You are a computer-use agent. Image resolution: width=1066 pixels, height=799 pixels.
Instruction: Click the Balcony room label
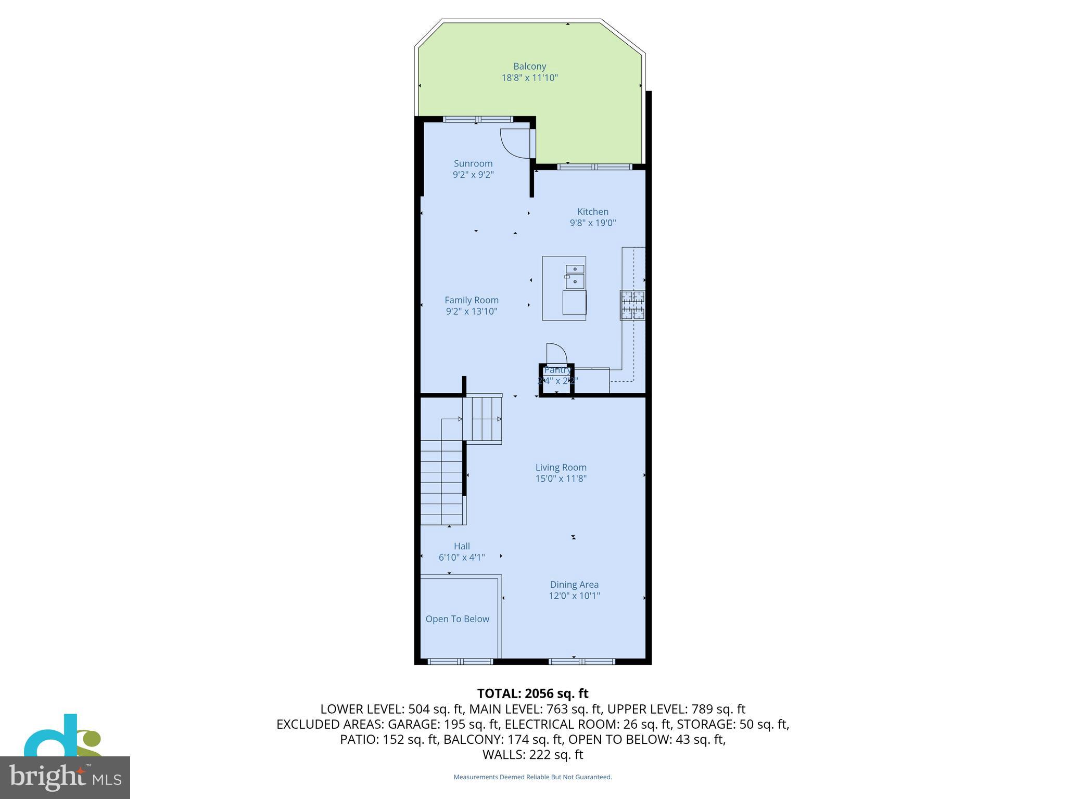point(529,66)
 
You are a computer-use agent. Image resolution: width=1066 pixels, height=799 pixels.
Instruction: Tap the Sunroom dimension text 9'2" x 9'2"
point(473,175)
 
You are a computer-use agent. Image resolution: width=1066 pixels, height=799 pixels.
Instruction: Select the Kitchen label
point(592,212)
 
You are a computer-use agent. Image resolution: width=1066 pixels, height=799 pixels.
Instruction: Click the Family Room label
point(471,300)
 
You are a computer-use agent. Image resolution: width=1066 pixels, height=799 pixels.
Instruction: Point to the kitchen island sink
point(575,276)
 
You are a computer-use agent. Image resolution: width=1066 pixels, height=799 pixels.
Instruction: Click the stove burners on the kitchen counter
point(632,305)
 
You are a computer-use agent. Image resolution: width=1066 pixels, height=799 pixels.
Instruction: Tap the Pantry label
point(557,370)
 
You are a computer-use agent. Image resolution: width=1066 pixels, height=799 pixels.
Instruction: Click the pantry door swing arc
point(556,353)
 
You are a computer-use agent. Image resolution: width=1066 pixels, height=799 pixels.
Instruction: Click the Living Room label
point(561,467)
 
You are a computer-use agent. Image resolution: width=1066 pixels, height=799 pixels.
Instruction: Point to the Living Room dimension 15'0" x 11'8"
point(561,479)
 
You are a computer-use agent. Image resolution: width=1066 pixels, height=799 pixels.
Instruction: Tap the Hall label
point(462,546)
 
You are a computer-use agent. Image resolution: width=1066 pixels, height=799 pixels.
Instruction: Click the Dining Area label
point(574,585)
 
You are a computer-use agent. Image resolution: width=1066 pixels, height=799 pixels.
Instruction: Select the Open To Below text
point(457,619)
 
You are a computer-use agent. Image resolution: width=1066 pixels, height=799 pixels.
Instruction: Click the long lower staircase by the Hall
point(441,482)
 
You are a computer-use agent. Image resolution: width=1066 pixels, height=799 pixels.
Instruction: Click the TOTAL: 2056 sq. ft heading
point(532,693)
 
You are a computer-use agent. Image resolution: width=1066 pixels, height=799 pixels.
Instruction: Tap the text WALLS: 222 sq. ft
point(532,755)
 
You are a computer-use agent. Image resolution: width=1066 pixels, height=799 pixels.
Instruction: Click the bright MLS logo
point(65,777)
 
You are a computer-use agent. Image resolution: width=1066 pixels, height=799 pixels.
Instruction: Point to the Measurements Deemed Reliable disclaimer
point(532,777)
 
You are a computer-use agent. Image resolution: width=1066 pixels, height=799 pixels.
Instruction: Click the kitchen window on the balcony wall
point(594,167)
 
